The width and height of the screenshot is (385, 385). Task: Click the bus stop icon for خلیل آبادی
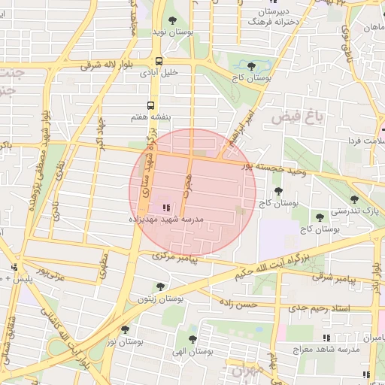(159, 62)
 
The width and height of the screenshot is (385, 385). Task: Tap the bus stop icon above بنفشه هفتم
(150, 105)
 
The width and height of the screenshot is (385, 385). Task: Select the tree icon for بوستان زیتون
(159, 286)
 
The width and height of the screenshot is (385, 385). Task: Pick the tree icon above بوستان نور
(125, 329)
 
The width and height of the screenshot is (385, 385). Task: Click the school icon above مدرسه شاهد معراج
(326, 338)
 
